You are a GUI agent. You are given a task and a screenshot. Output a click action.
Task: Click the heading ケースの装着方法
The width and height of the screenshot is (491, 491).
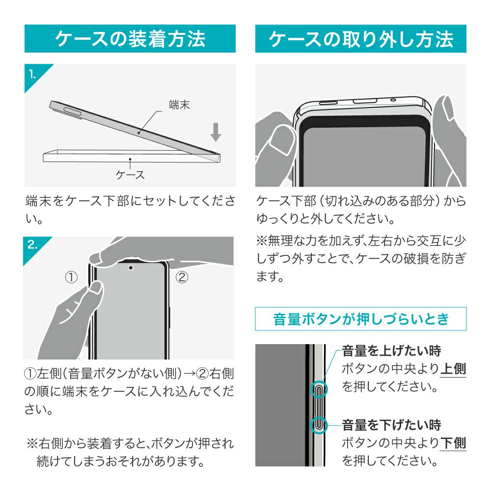130,39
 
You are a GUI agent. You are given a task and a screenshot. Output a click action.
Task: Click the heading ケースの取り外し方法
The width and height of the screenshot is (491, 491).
361,39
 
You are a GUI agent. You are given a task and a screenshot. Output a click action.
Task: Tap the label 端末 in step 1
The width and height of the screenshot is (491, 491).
179,105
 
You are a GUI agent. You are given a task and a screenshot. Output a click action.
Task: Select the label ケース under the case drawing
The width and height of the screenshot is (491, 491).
130,174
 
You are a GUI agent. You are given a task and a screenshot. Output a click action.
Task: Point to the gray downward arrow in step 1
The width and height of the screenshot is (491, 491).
216,132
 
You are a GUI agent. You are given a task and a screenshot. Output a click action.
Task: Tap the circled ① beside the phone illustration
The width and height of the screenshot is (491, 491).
71,277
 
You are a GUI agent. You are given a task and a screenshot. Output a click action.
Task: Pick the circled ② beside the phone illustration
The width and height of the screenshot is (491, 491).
182,277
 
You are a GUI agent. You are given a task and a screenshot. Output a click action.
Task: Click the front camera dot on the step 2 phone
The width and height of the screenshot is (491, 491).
131,268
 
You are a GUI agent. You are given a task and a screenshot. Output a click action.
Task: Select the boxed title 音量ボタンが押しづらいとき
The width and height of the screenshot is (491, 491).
361,319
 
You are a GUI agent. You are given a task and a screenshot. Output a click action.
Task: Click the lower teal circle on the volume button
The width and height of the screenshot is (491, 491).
319,425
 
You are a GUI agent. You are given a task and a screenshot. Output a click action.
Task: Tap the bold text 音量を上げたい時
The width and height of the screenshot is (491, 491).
391,351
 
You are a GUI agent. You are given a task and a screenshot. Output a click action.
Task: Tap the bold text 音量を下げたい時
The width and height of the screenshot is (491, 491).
391,425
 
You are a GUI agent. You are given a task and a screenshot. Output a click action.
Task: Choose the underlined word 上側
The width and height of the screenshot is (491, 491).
453,369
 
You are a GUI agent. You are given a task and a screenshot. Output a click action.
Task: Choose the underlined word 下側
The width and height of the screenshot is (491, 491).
453,443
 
